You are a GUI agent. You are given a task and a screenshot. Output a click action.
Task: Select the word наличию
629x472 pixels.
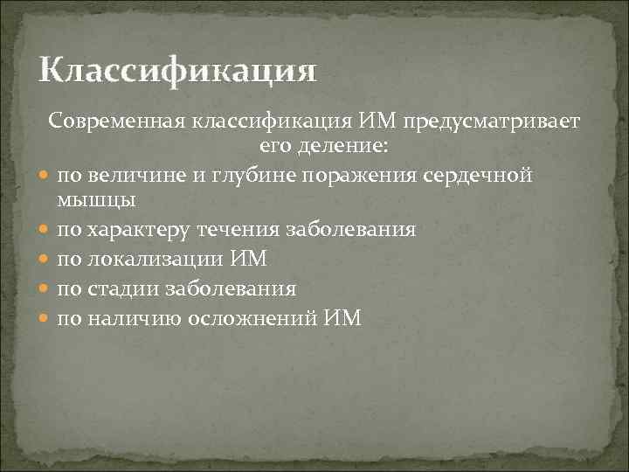133,318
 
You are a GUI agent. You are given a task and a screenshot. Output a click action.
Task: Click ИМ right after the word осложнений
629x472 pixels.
342,318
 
